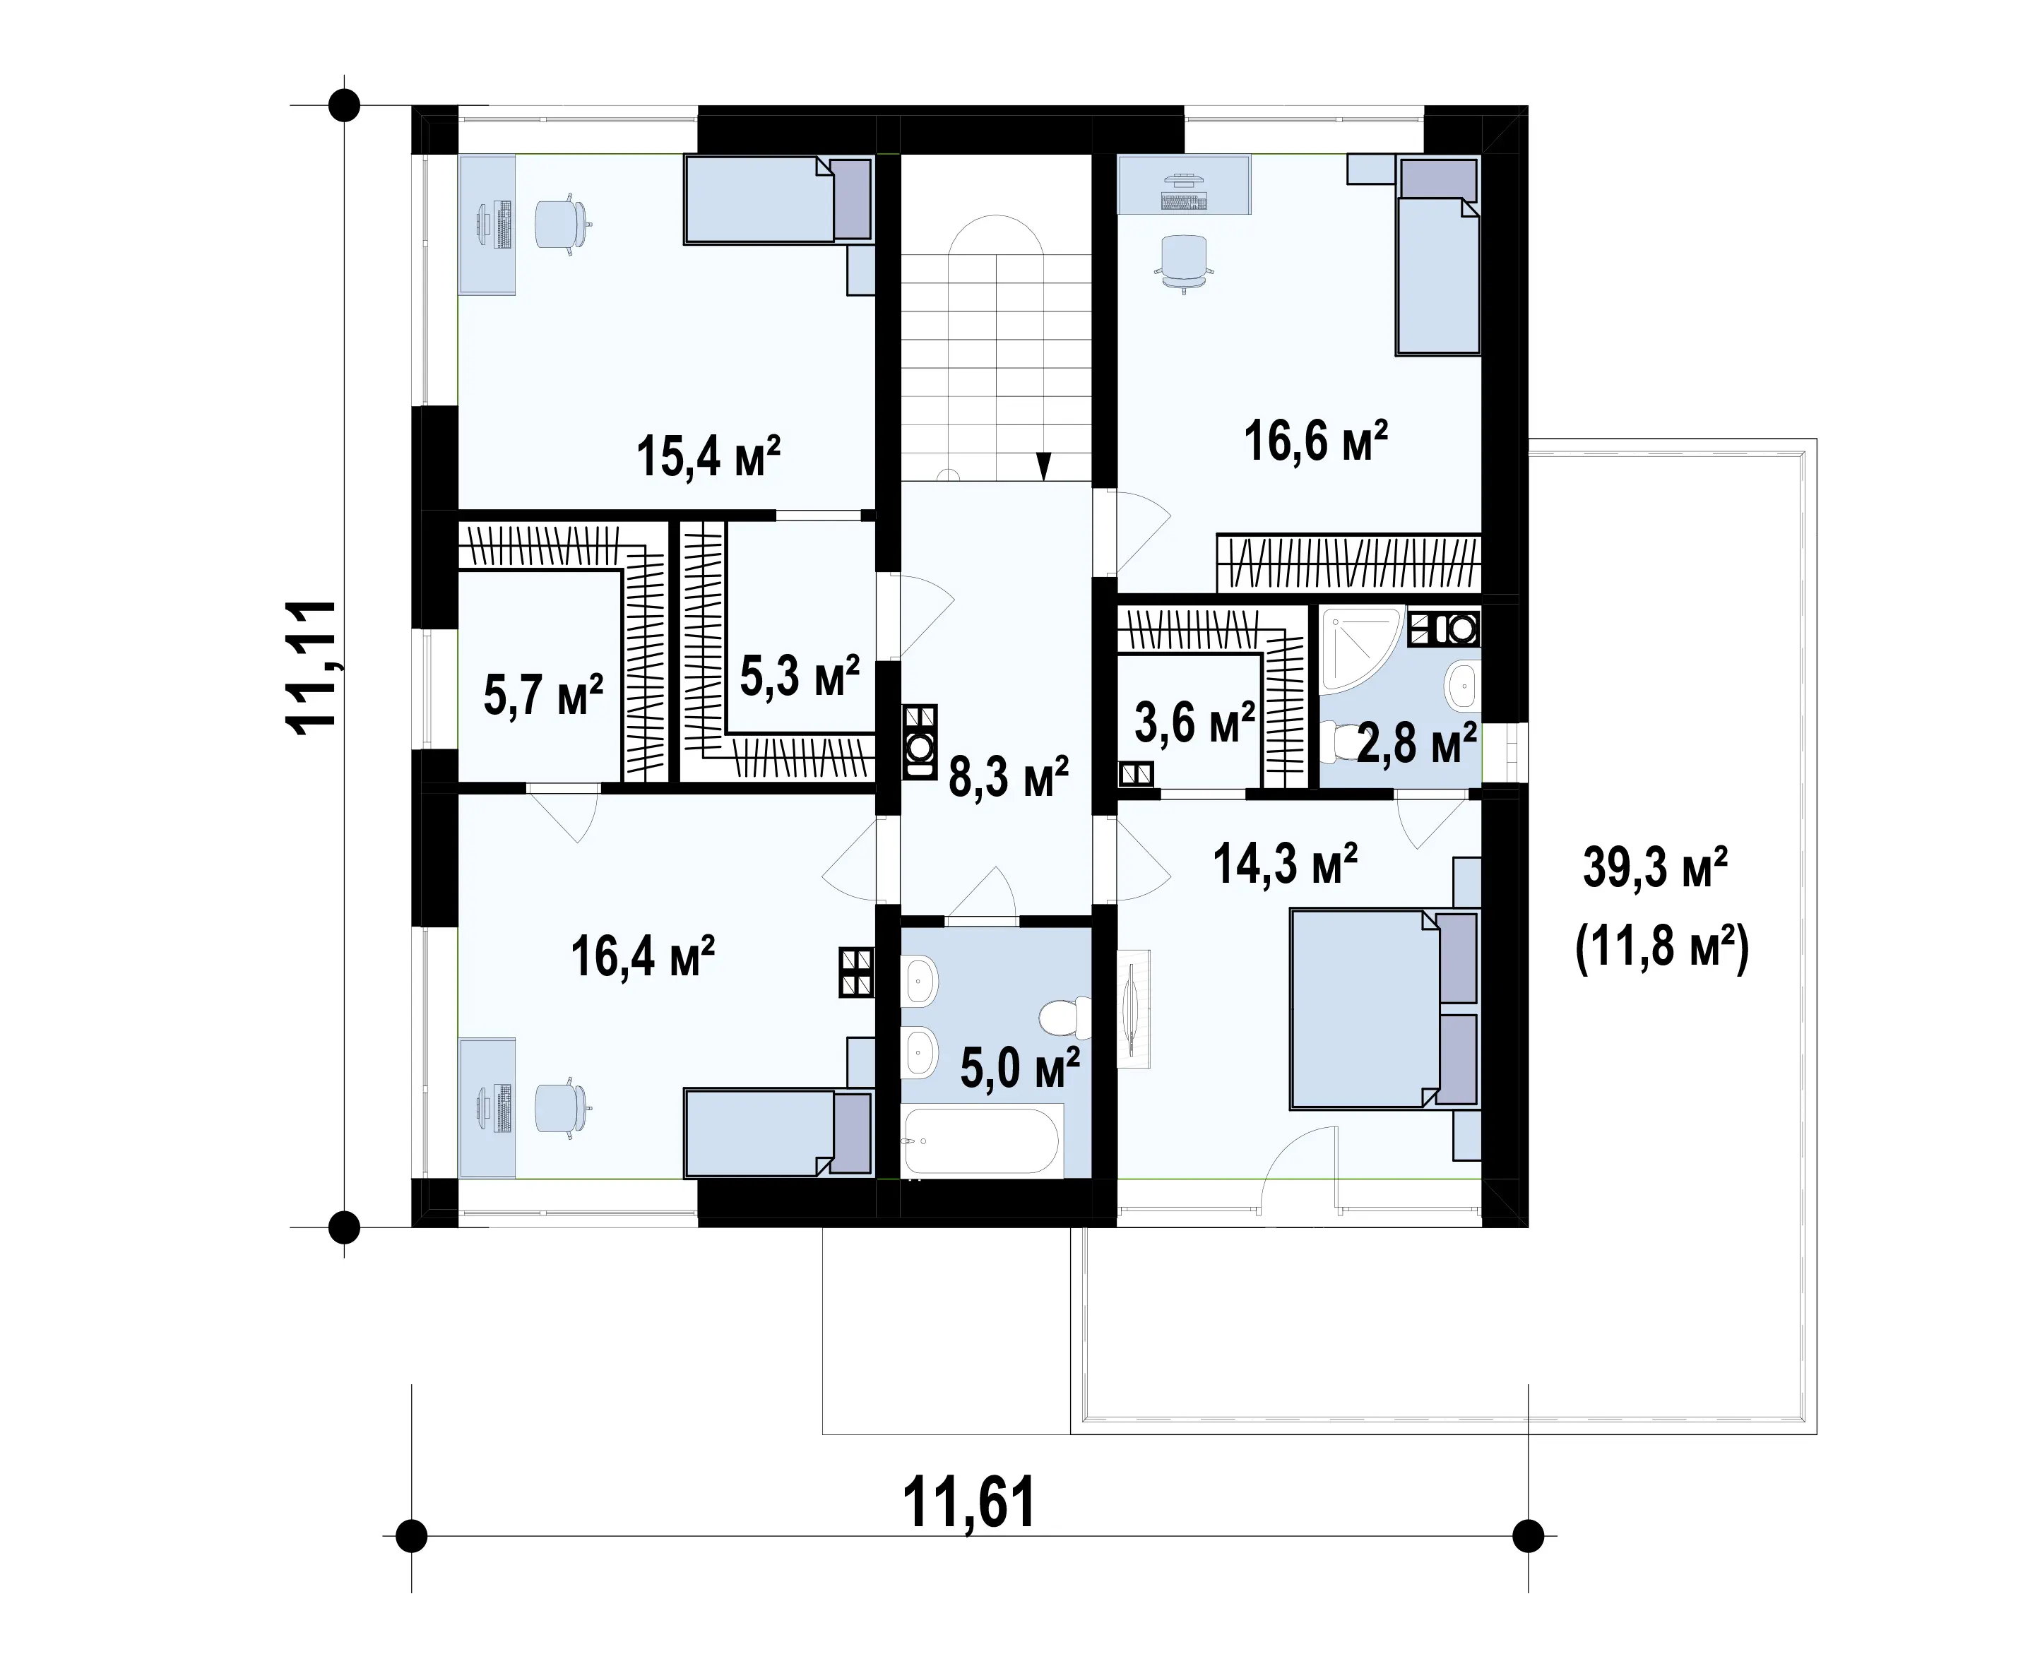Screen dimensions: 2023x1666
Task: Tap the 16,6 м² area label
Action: [x=1316, y=441]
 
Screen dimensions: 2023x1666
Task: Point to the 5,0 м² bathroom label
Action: [x=1020, y=1068]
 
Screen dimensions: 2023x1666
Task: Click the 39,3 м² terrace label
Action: [x=1656, y=867]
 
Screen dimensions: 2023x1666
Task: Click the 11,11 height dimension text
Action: [x=312, y=668]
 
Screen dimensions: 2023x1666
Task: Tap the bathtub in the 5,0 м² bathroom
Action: [x=981, y=1139]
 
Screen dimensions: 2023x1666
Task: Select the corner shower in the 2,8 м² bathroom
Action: [x=1361, y=649]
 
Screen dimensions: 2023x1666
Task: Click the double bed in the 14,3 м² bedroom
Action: [x=1383, y=1010]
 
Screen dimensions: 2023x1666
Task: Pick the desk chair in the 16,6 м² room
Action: [x=1183, y=262]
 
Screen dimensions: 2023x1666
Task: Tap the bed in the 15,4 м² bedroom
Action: [x=777, y=200]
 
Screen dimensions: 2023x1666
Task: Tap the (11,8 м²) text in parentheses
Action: [x=1662, y=947]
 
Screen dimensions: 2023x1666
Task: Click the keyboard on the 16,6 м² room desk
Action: [x=1183, y=201]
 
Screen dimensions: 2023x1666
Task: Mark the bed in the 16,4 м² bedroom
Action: [x=777, y=1132]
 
